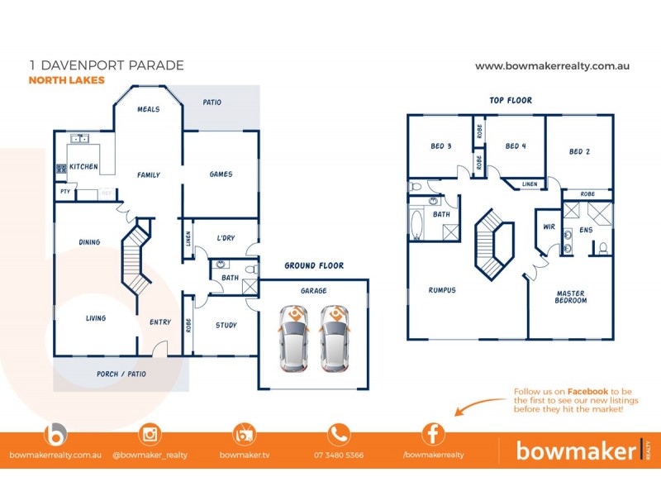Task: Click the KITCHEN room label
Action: click(x=83, y=167)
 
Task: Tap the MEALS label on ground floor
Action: click(x=149, y=108)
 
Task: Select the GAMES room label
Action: click(x=221, y=174)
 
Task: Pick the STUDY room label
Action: click(x=226, y=325)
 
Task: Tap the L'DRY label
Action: click(x=226, y=238)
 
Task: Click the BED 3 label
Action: click(x=441, y=146)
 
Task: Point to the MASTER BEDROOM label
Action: click(x=571, y=296)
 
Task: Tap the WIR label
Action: click(x=549, y=226)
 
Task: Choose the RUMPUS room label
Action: click(x=442, y=290)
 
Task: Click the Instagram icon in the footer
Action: click(x=150, y=434)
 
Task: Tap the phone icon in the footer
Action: click(x=339, y=434)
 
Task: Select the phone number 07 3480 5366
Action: click(x=338, y=455)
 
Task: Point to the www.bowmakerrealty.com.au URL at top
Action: click(x=553, y=65)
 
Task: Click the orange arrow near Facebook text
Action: click(x=480, y=406)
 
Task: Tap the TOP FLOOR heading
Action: click(x=511, y=100)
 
